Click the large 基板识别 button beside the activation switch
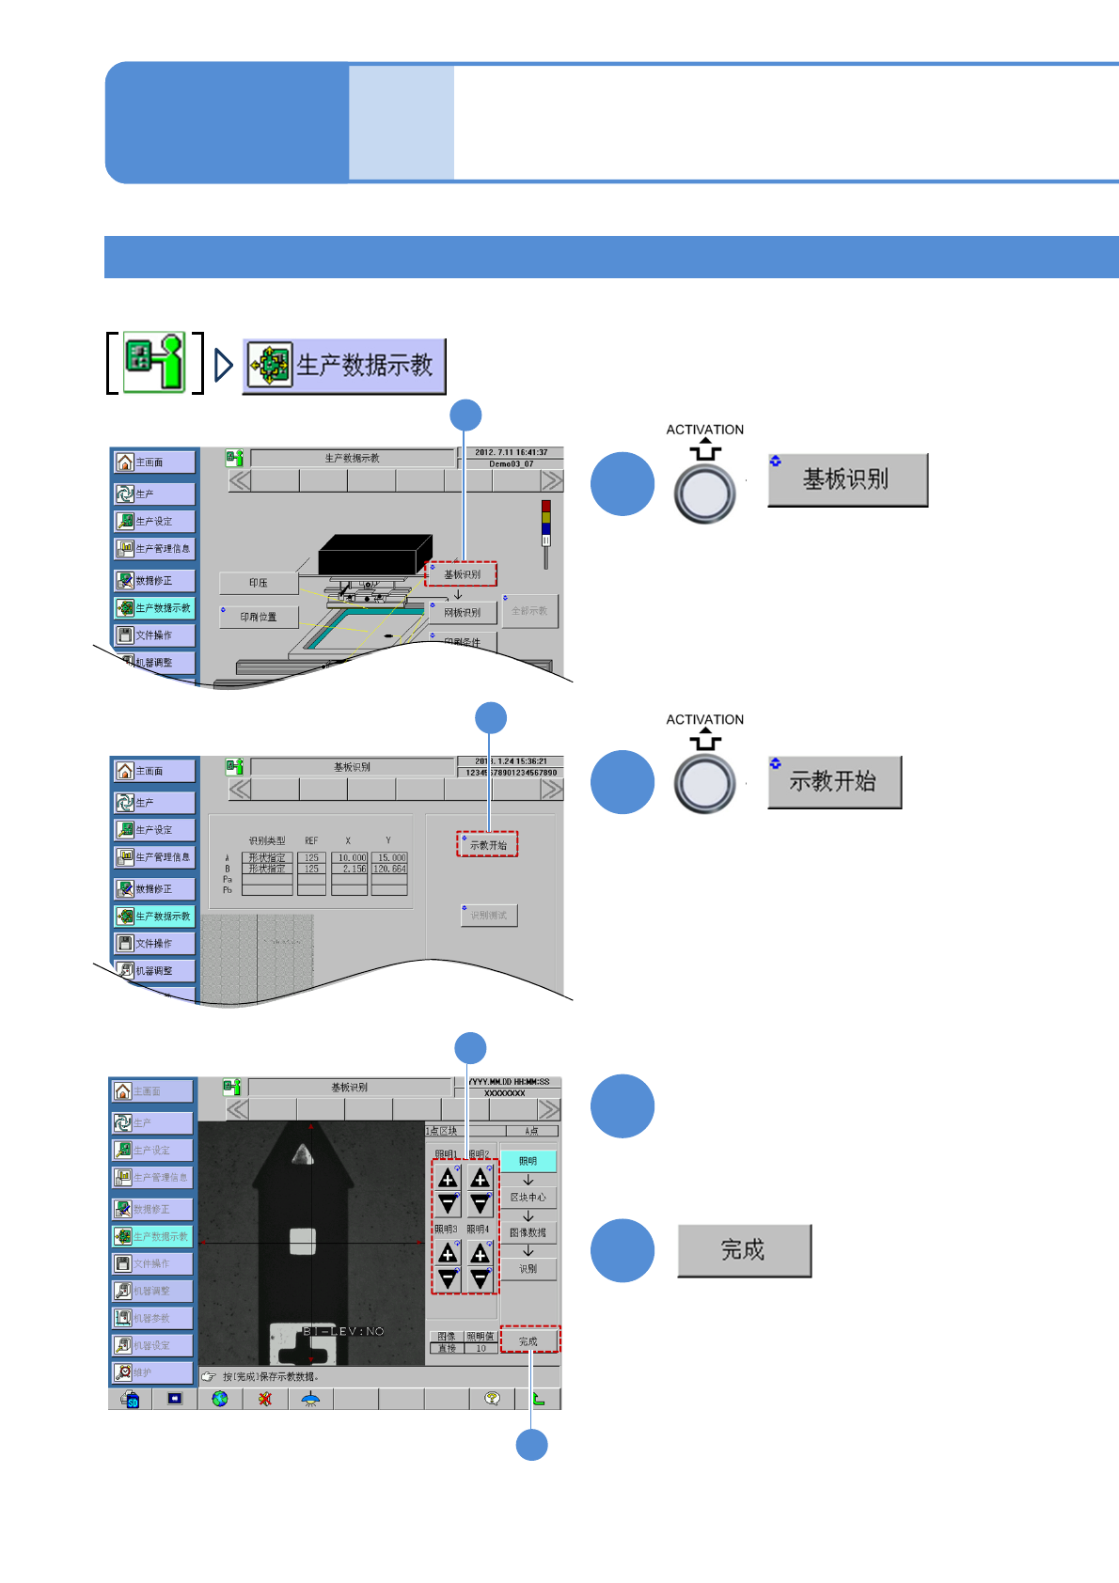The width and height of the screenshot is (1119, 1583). [x=847, y=480]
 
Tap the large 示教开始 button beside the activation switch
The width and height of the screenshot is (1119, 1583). [x=834, y=782]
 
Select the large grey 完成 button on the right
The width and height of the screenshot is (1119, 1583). [x=744, y=1250]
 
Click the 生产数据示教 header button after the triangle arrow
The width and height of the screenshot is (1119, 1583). [x=344, y=366]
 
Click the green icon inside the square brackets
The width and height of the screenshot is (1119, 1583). [x=155, y=362]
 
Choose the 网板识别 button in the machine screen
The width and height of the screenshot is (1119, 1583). [x=463, y=613]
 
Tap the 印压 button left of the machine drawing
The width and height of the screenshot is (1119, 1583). [x=259, y=583]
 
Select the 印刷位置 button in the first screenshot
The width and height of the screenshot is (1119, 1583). [x=259, y=618]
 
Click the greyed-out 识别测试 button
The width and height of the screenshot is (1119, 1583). [x=489, y=916]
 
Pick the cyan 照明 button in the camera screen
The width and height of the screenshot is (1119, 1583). [x=528, y=1161]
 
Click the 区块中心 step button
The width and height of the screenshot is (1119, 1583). [x=528, y=1197]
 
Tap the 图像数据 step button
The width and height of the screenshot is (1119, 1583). [x=528, y=1232]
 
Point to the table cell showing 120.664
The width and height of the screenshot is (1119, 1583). [x=389, y=870]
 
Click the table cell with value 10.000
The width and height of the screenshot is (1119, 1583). [x=352, y=858]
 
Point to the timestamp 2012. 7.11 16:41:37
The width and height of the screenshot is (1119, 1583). [x=511, y=452]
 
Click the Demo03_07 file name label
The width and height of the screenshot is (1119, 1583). [x=511, y=463]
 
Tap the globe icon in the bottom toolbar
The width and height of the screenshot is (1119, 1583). [x=220, y=1399]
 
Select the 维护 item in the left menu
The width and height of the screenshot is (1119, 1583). [x=152, y=1372]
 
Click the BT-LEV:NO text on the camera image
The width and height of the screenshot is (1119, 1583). [x=343, y=1331]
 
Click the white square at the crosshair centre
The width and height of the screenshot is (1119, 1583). [x=302, y=1241]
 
